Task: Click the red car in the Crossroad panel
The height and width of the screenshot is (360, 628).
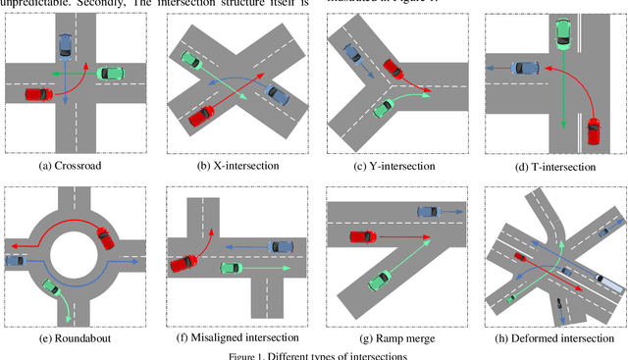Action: pyautogui.click(x=38, y=94)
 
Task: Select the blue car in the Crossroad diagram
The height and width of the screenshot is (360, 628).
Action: pyautogui.click(x=65, y=44)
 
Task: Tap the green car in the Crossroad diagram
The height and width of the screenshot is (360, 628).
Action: pyautogui.click(x=110, y=73)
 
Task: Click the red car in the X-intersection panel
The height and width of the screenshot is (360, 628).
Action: pyautogui.click(x=200, y=115)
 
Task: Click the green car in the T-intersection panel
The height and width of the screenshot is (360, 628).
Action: pyautogui.click(x=562, y=33)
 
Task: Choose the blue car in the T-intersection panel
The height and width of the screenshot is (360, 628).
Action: pyautogui.click(x=527, y=68)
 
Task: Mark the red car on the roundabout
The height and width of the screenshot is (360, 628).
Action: pyautogui.click(x=103, y=235)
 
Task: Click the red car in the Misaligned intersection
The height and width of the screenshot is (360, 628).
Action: pyautogui.click(x=183, y=262)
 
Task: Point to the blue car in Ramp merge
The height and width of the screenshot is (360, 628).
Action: pyautogui.click(x=429, y=211)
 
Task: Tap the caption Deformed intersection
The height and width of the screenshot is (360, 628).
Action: pyautogui.click(x=555, y=336)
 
